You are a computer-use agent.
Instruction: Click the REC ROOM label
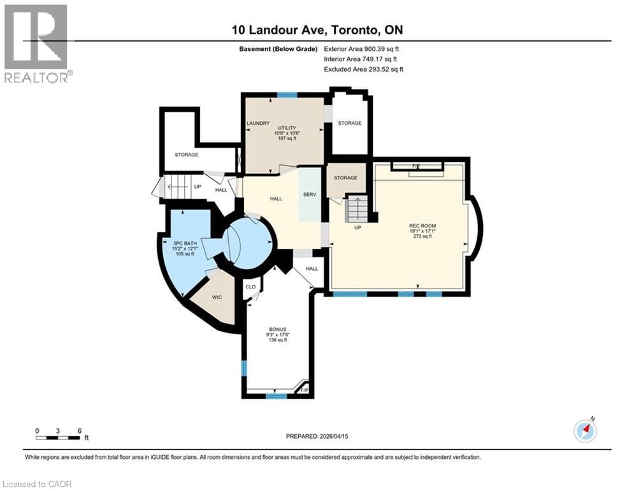coord(422,225)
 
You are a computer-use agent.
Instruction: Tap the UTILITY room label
coord(286,127)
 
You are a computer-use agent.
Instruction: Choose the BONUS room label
coord(277,329)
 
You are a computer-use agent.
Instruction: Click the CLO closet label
coord(250,287)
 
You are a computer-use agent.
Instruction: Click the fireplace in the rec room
coord(416,167)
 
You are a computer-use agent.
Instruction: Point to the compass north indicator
coord(585,430)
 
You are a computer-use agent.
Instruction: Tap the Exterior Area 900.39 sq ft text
coord(363,48)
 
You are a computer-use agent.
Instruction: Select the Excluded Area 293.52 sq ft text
coord(363,69)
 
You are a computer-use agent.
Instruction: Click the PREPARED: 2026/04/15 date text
coord(317,436)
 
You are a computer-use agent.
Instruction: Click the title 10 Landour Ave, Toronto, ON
coord(317,30)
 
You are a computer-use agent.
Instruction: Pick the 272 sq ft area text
coord(422,236)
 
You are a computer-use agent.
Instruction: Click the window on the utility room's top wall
coord(287,96)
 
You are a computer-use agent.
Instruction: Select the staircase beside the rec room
coord(357,209)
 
